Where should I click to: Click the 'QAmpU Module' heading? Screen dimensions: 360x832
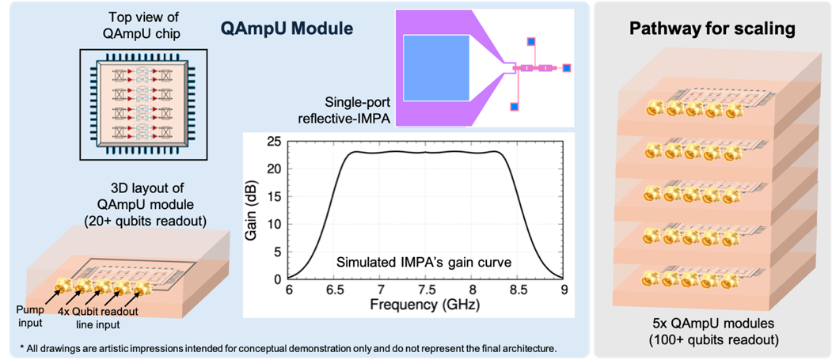287,29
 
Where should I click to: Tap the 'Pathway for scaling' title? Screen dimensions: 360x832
713,29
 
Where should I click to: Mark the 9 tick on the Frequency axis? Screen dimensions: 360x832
564,290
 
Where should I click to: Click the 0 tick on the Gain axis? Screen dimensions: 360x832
279,279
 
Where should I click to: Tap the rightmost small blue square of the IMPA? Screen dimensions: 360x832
567,69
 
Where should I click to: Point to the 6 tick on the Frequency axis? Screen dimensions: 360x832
289,290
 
